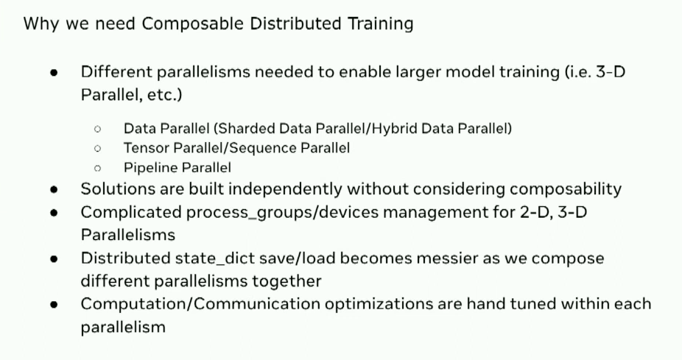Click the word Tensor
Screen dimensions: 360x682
coord(144,148)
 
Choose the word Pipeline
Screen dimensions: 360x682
coord(150,168)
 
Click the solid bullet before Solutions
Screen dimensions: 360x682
coord(55,189)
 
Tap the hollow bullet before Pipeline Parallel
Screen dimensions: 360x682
coord(97,169)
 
